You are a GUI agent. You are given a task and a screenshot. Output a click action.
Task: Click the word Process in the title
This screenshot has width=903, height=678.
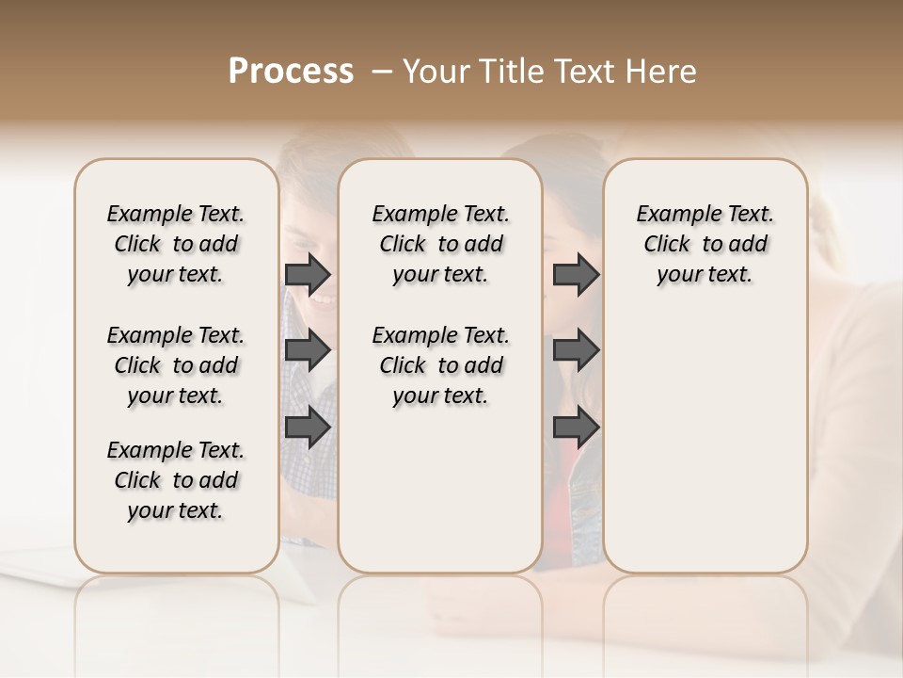click(291, 72)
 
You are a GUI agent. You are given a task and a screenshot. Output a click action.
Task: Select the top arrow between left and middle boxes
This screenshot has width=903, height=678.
click(308, 275)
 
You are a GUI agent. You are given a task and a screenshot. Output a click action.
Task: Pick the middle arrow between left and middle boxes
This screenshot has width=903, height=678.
click(308, 351)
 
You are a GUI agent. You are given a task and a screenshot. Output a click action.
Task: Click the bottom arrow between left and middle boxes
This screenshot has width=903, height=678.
click(308, 428)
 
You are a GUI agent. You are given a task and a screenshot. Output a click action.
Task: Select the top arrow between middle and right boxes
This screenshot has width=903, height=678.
click(576, 275)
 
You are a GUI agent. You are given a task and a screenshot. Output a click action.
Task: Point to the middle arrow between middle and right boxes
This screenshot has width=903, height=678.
click(576, 351)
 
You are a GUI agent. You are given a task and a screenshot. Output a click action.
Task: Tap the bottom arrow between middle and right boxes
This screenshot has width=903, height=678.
click(576, 428)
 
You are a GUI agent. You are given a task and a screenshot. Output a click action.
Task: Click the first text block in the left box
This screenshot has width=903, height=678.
click(175, 244)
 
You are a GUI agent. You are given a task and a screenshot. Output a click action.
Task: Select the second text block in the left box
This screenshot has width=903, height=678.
click(175, 365)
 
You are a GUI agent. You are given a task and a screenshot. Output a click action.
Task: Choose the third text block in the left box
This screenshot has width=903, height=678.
click(175, 480)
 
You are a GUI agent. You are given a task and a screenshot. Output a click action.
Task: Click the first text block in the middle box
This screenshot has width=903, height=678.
click(440, 244)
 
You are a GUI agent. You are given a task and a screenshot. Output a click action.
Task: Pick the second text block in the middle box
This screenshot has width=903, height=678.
click(440, 365)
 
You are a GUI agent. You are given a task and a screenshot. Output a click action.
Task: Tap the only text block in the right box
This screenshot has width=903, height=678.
click(705, 244)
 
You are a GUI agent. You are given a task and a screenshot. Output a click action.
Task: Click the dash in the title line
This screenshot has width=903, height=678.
click(382, 72)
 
